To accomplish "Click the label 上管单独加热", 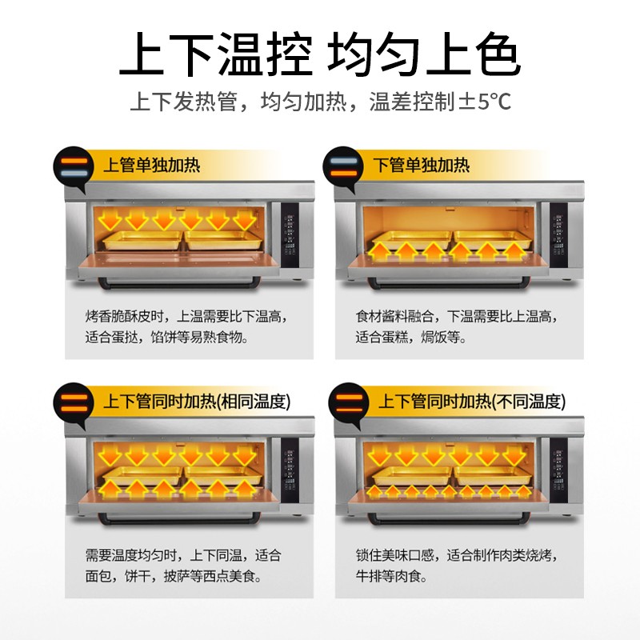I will coord(151,166).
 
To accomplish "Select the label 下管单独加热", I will coord(422,166).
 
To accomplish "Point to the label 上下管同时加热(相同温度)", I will coord(196,402).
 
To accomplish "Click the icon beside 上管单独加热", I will coord(74,166).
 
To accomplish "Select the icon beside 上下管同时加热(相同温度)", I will coord(74,402).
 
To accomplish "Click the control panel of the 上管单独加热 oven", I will coord(290,237).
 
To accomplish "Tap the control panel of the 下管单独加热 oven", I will coord(560,237).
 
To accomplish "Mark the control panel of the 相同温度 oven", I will coord(290,472).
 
